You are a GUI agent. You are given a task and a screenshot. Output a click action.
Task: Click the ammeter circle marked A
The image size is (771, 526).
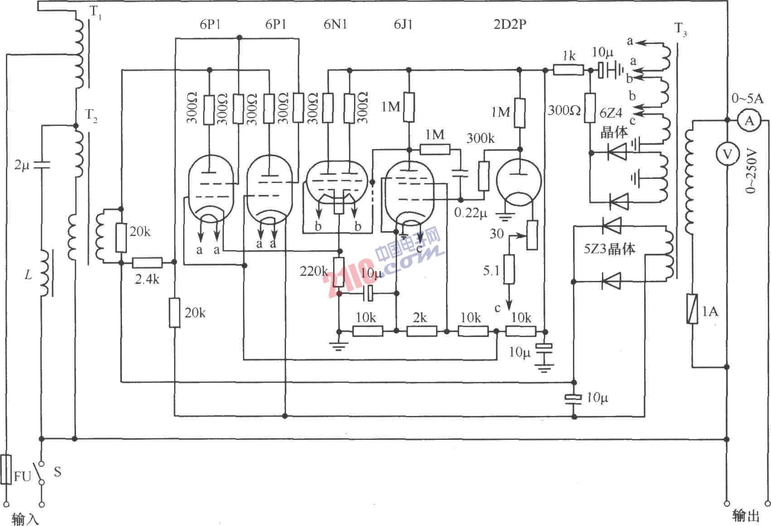point(749,121)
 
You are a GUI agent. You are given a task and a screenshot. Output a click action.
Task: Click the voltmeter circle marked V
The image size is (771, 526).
point(727,154)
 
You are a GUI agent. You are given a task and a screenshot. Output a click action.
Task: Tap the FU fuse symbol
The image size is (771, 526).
point(6,470)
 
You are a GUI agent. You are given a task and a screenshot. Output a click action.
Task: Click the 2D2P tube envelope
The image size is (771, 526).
point(519,181)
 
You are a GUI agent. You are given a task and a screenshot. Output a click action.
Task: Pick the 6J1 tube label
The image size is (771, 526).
point(403,24)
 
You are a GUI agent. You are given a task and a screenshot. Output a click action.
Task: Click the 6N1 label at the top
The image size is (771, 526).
point(335,24)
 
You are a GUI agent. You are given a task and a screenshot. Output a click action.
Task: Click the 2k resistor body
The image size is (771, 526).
point(422,332)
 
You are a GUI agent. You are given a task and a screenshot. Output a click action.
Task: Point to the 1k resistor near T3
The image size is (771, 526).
point(568,70)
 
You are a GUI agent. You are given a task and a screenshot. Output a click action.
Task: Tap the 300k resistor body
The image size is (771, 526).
point(484,176)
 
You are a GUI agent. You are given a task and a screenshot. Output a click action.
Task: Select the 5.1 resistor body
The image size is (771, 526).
point(509,269)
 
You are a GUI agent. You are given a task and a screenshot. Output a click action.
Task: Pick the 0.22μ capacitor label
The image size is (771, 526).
point(470,212)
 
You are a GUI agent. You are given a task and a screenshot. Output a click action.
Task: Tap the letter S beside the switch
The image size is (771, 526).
point(58,472)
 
